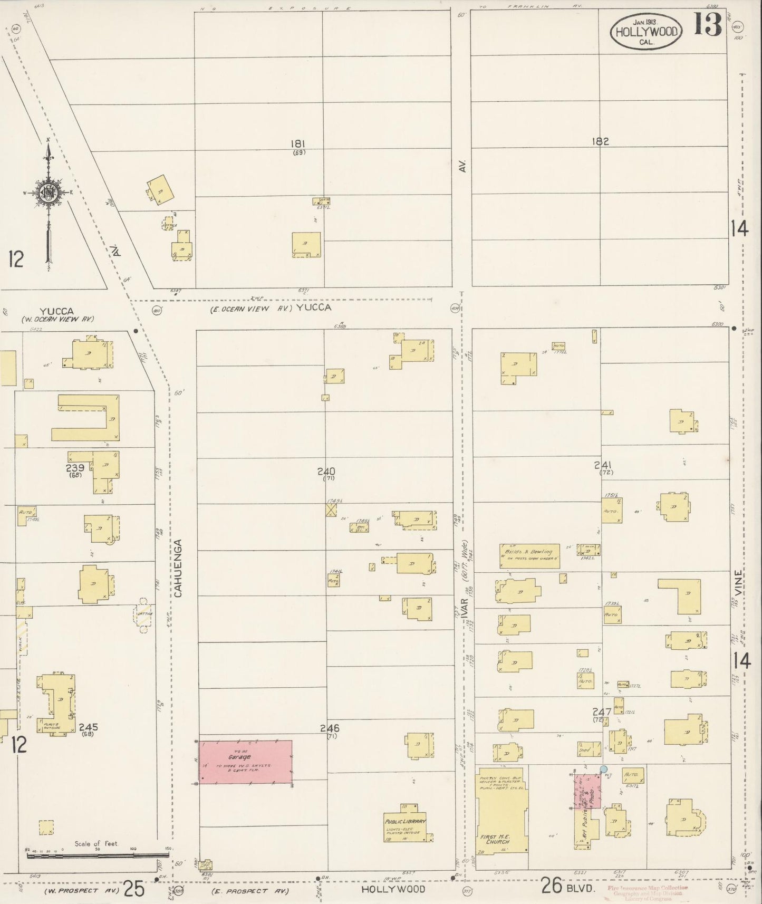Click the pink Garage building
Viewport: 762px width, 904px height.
(245, 761)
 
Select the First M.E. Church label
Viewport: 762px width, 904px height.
(494, 839)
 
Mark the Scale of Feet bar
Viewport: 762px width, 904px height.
(97, 851)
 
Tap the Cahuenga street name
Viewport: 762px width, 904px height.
(178, 568)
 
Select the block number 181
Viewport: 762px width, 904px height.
(298, 143)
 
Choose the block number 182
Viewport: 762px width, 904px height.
(600, 141)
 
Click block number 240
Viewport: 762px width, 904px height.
(326, 471)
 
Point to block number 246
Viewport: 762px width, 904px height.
(330, 728)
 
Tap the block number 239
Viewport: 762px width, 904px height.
(75, 468)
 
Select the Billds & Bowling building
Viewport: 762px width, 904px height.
(529, 555)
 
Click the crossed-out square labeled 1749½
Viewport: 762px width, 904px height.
(331, 509)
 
